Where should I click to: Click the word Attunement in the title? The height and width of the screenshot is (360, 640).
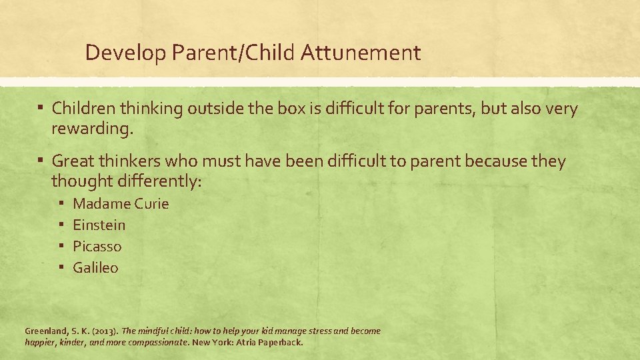click(x=361, y=53)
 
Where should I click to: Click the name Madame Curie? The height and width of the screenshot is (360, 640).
click(x=121, y=204)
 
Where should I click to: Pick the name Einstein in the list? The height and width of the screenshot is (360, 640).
click(x=99, y=225)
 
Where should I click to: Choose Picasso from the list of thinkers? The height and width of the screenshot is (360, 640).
click(x=97, y=247)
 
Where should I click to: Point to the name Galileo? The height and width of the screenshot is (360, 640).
click(x=95, y=268)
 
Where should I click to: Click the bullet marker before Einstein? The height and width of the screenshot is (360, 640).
click(x=60, y=225)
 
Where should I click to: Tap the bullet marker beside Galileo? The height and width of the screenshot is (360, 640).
click(x=60, y=268)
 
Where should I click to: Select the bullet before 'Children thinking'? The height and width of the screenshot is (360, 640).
click(x=41, y=108)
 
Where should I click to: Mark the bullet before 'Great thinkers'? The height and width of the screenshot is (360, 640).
click(x=41, y=161)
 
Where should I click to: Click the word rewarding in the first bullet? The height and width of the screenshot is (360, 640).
click(x=91, y=129)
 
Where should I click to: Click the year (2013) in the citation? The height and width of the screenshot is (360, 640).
click(x=104, y=331)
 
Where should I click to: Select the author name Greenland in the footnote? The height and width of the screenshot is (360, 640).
click(x=46, y=331)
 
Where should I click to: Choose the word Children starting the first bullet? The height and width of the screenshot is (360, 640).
click(x=83, y=108)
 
